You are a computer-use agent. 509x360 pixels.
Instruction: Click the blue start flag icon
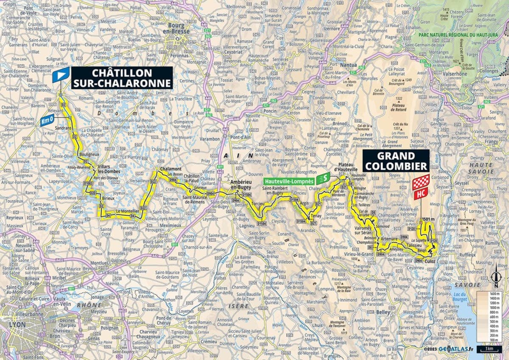tap(61, 75)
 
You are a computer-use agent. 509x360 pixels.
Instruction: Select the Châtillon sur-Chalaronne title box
tap(122, 78)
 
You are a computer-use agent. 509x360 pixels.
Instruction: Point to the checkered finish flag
tap(421, 182)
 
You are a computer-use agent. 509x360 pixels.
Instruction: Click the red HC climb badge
tap(421, 194)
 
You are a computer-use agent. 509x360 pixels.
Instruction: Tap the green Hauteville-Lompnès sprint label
tap(290, 180)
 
